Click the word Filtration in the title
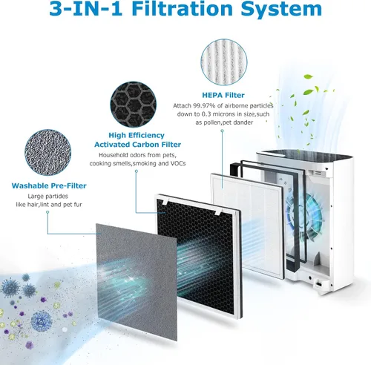183,9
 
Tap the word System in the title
281,9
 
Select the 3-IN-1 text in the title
86,9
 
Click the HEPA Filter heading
223,95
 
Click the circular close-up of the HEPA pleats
224,62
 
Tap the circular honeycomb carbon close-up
134,105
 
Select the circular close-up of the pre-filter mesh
47,152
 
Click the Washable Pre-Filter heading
49,185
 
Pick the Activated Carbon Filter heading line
137,145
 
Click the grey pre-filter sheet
137,282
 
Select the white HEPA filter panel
247,225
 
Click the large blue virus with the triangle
42,321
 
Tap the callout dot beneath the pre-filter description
47,212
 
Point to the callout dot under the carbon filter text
137,171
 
